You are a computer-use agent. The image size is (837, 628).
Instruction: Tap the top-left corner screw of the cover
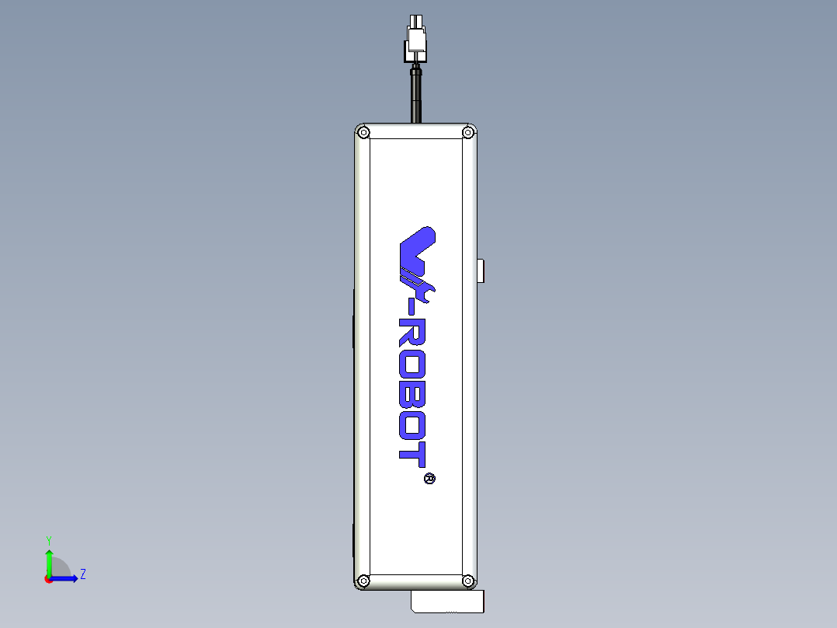363,133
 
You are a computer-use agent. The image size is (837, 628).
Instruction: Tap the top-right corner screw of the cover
467,133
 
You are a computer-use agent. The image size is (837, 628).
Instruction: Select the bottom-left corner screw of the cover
363,580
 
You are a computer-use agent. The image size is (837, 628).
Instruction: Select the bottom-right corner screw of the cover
467,580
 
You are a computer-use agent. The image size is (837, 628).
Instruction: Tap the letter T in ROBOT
412,452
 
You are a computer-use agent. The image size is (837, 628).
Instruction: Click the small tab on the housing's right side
481,270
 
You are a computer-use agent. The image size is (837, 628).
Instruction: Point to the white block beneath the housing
447,602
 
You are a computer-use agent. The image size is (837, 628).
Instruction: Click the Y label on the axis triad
48,540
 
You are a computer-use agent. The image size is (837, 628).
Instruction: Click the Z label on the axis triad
82,574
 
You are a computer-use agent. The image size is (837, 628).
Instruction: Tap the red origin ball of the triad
48,578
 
